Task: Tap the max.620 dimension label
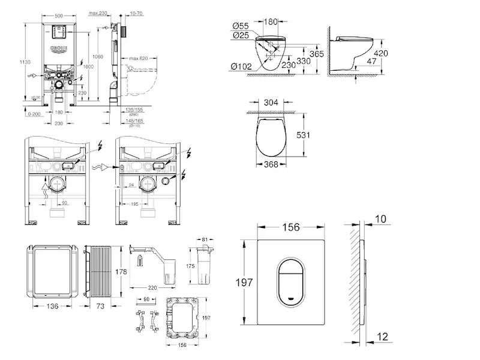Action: (x=137, y=58)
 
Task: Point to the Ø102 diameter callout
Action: (x=240, y=66)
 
